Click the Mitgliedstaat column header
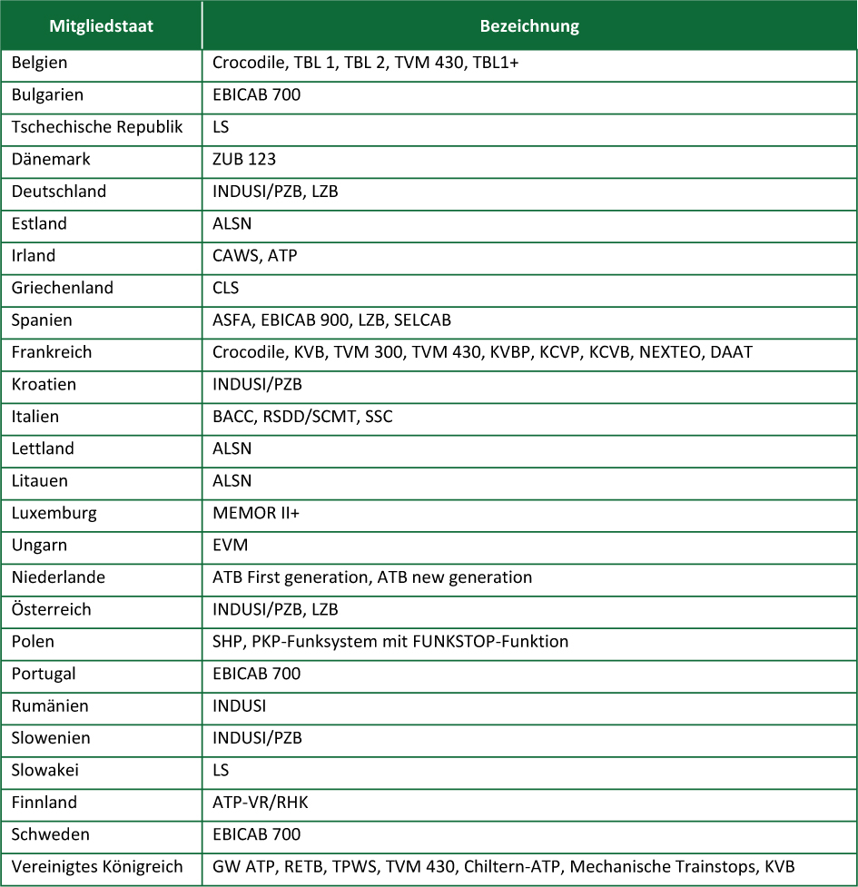(101, 25)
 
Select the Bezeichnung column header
(528, 25)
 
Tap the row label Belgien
(39, 63)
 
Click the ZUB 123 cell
(244, 160)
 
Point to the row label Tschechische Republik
(97, 127)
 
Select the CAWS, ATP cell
(254, 256)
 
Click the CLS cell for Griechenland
(226, 288)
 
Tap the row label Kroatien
(44, 384)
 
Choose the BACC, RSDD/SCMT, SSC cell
(302, 417)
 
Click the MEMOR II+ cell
(256, 513)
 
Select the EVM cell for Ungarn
(230, 546)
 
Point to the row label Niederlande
(58, 577)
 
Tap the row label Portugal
(44, 674)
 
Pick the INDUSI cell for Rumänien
(239, 706)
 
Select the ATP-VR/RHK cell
(261, 803)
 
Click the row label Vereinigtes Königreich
(97, 867)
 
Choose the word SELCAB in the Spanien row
(422, 320)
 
